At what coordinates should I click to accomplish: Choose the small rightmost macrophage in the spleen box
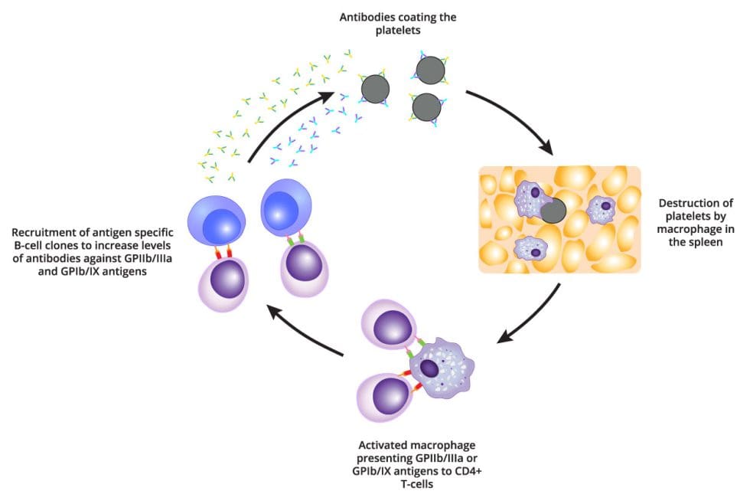(605, 208)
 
